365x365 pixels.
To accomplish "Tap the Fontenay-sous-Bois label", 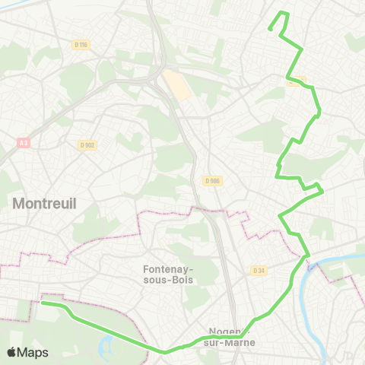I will [x=168, y=274].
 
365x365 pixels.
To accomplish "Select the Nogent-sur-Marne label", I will [x=235, y=337].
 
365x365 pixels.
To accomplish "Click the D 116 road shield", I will [x=81, y=45].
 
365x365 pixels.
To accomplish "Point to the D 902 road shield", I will [x=87, y=144].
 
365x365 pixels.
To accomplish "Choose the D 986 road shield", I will [x=211, y=181].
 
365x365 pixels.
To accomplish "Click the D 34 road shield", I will [x=259, y=270].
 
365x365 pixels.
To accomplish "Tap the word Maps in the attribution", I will [x=34, y=353].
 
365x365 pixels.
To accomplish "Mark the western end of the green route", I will [x=43, y=303].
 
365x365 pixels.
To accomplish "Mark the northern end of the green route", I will [x=270, y=30].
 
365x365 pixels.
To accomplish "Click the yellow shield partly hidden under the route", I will [x=298, y=80].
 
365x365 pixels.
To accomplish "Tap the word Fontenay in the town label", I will [x=168, y=268].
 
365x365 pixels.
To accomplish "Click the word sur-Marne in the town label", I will [x=235, y=342].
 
